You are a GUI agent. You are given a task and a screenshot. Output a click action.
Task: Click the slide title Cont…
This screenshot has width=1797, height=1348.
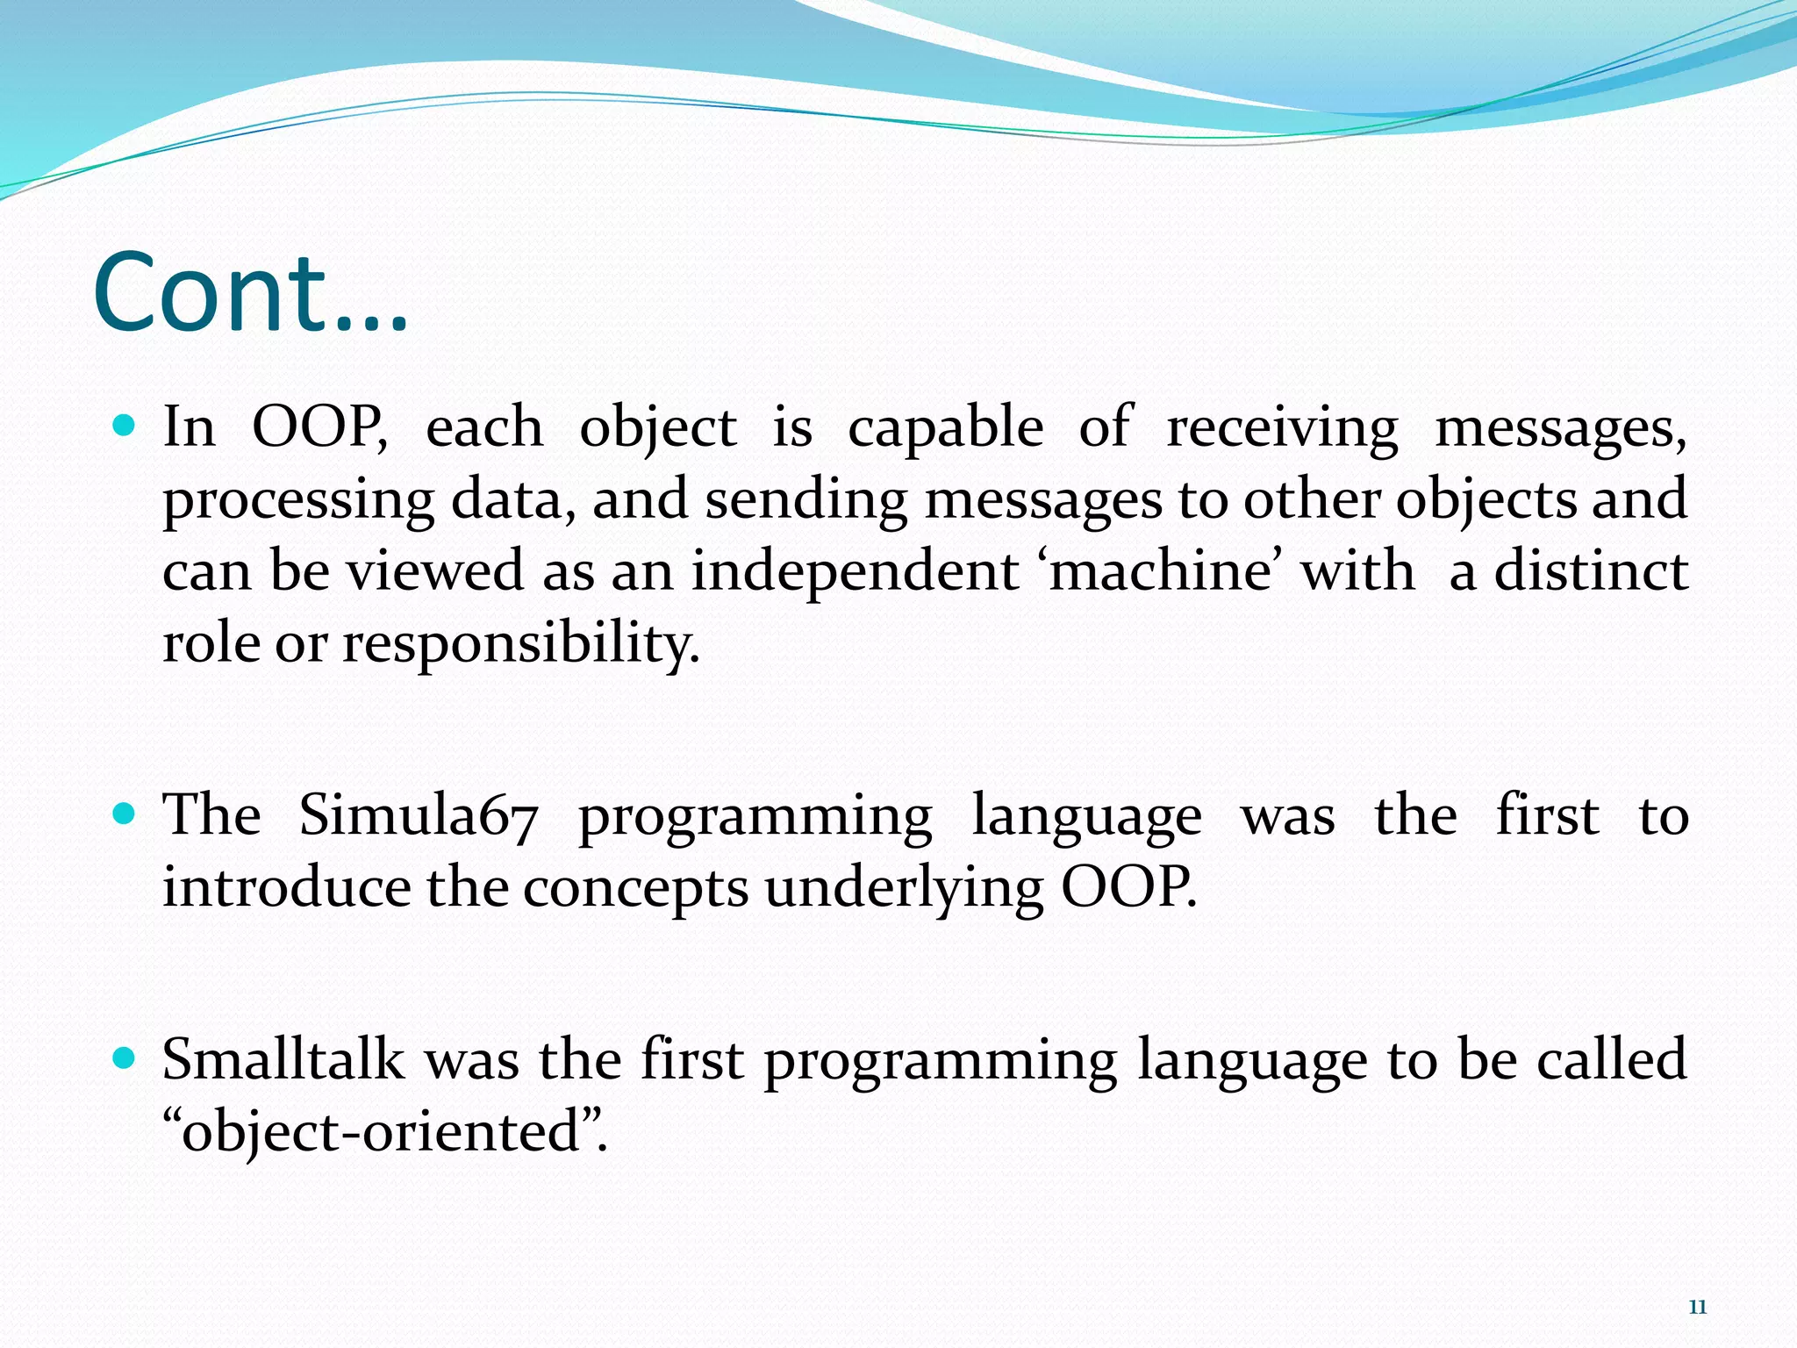click(251, 293)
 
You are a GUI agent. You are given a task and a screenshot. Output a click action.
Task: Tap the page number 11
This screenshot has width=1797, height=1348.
click(1697, 1308)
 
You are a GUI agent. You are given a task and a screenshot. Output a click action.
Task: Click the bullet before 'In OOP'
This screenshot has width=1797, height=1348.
click(125, 427)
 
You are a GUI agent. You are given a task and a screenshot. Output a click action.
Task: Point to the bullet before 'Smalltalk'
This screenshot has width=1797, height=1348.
click(125, 1058)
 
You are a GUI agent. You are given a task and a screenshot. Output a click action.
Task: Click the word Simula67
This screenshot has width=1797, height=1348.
click(418, 816)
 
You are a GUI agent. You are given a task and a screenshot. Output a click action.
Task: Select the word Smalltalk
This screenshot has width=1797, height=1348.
click(283, 1059)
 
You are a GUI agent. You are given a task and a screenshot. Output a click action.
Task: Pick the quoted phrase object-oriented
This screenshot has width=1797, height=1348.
click(384, 1132)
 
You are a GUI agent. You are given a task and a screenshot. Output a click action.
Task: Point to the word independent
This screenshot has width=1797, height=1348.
click(855, 571)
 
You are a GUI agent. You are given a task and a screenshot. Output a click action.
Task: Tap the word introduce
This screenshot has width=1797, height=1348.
click(286, 887)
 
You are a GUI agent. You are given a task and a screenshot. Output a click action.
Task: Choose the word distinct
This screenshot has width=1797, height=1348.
click(1591, 571)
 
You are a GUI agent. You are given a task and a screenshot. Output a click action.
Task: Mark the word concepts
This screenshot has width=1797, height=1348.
click(635, 889)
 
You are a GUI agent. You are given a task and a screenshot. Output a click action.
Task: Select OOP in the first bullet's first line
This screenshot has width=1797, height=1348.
click(319, 428)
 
